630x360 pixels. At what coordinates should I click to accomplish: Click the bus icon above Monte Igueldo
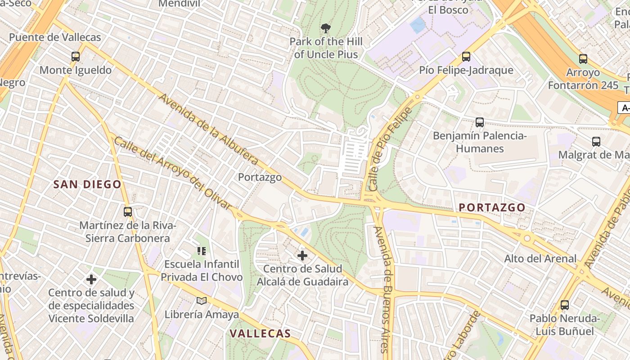[x=76, y=57]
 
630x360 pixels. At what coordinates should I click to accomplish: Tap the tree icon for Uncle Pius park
[x=326, y=28]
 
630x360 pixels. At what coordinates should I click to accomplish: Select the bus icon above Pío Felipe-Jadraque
[x=466, y=57]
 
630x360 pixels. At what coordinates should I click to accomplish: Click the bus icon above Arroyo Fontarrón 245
[x=583, y=58]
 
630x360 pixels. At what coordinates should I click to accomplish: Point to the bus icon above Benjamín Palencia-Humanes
[x=480, y=122]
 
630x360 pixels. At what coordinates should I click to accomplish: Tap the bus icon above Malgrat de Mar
[x=596, y=141]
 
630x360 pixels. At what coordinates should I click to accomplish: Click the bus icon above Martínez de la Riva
[x=128, y=211]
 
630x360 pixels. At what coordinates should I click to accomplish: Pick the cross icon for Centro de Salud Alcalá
[x=302, y=256]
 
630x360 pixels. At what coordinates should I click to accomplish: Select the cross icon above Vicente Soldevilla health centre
[x=91, y=279]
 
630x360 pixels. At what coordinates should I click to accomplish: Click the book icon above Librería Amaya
[x=202, y=301]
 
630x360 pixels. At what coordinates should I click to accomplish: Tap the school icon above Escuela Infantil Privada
[x=202, y=250]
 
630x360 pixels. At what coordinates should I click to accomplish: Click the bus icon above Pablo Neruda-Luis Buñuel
[x=565, y=305]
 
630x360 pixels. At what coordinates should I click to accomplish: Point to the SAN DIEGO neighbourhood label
[x=87, y=184]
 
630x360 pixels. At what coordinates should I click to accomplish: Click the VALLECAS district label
[x=260, y=333]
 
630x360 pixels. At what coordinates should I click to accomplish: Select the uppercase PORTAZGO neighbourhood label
[x=492, y=207]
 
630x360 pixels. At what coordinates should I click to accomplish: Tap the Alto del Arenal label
[x=540, y=258]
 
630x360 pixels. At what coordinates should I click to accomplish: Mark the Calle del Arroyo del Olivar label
[x=172, y=173]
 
